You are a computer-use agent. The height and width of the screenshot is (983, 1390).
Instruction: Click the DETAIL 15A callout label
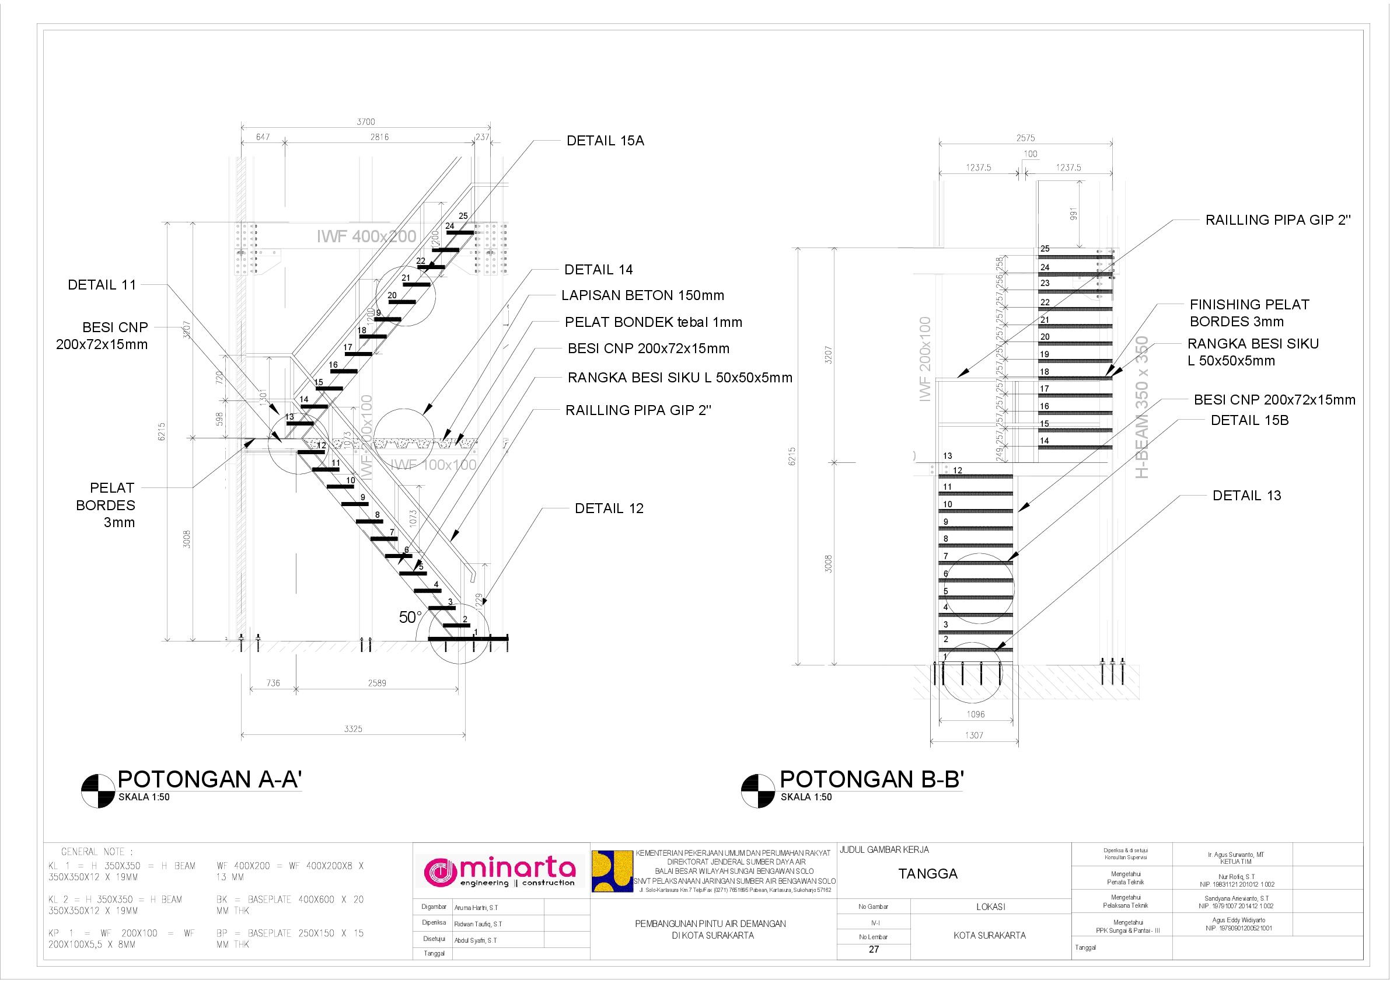click(605, 141)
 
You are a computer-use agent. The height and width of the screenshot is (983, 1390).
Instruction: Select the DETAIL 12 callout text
click(609, 509)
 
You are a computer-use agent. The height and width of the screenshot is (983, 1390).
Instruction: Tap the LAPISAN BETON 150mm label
click(642, 295)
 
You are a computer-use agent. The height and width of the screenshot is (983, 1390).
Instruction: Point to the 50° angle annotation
click(410, 617)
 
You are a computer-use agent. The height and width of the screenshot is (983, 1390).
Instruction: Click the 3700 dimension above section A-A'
click(366, 122)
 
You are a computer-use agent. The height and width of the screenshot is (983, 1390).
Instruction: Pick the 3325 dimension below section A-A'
click(353, 728)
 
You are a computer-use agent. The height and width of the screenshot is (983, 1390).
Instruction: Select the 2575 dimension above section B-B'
click(1025, 138)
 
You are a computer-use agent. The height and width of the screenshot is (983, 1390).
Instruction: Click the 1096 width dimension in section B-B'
click(975, 714)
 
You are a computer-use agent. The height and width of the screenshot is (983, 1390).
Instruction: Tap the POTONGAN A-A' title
click(209, 779)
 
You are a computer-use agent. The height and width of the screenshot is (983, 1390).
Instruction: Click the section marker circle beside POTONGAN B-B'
click(758, 791)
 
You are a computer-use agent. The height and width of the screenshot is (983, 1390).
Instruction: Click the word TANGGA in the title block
click(919, 874)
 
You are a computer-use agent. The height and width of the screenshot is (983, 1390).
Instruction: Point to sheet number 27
click(874, 949)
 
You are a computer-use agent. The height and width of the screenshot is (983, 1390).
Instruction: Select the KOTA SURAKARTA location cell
click(990, 935)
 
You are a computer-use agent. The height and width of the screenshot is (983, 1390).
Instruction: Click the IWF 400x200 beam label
click(366, 237)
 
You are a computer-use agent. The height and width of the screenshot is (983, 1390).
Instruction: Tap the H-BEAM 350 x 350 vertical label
click(1141, 407)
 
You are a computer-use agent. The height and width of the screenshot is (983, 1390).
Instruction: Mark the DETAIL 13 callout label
click(1246, 496)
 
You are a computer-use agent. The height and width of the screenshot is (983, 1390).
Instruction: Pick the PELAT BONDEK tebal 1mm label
click(653, 322)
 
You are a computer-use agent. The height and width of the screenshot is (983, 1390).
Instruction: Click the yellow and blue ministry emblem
click(612, 872)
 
